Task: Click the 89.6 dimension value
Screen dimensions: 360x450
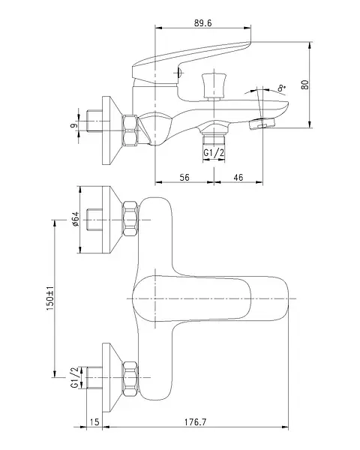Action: coord(203,23)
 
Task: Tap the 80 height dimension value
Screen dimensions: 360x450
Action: coord(305,84)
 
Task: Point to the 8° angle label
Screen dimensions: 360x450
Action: coord(282,88)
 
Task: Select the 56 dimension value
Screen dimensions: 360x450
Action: coord(184,177)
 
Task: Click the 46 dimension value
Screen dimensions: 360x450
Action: coord(238,177)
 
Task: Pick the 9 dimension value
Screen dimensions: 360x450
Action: coord(73,125)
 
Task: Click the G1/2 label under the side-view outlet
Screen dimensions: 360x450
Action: coord(214,153)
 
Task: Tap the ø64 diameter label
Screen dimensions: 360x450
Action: coord(75,220)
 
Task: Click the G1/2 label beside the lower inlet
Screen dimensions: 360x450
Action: coord(75,378)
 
